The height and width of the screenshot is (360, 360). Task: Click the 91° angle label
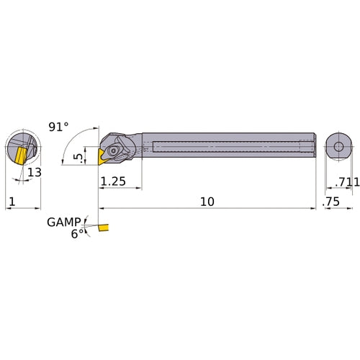coord(58,127)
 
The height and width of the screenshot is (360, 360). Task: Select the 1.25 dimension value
coord(114,183)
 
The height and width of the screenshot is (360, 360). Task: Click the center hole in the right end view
coord(337,145)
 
